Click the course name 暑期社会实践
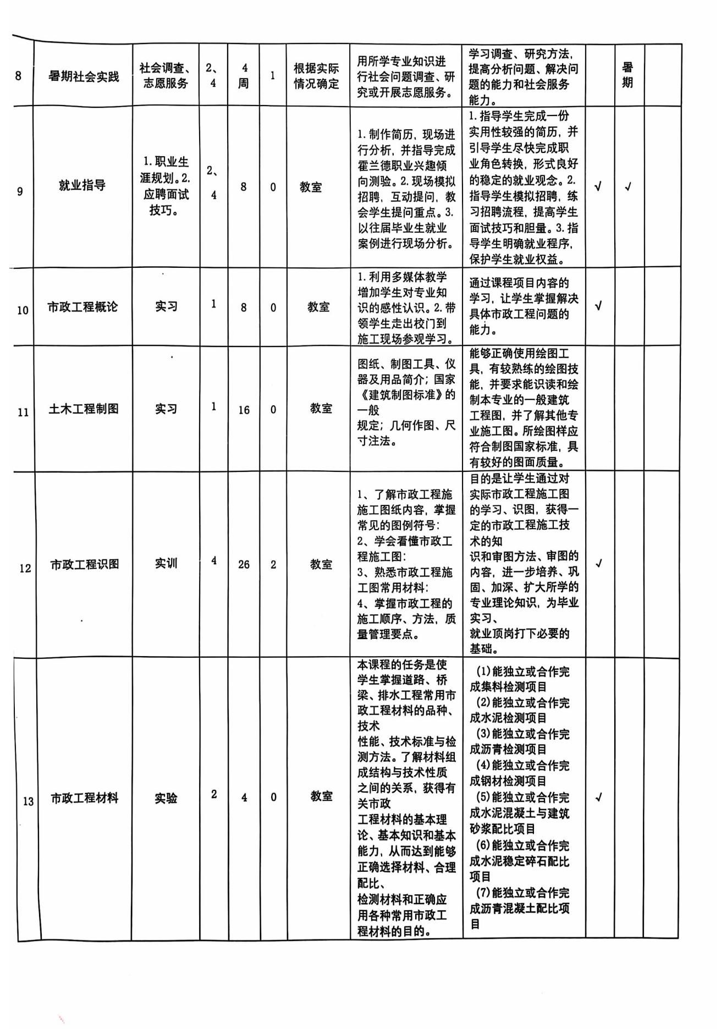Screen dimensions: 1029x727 point(84,76)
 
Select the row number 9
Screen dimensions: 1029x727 point(20,191)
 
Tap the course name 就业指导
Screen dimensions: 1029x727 point(82,185)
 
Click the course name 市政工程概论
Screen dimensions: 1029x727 point(82,307)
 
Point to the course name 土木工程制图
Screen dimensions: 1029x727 point(84,409)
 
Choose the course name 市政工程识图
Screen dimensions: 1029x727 point(85,564)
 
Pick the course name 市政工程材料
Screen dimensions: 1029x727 point(85,798)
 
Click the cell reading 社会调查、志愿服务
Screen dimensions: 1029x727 point(166,75)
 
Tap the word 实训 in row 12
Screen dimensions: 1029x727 point(166,563)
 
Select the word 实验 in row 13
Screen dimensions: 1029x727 point(166,798)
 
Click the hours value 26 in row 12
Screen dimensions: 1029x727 point(244,565)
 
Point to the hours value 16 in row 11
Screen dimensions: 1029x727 point(244,410)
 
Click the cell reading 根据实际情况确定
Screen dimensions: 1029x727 point(316,76)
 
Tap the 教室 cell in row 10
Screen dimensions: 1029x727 point(318,307)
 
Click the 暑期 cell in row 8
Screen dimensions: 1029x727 point(627,75)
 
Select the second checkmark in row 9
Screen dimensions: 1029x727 point(627,187)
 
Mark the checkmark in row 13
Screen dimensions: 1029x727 point(599,797)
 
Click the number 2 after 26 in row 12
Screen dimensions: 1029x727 point(273,565)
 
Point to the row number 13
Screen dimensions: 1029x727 point(27,801)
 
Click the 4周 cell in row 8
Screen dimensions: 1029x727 point(244,75)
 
